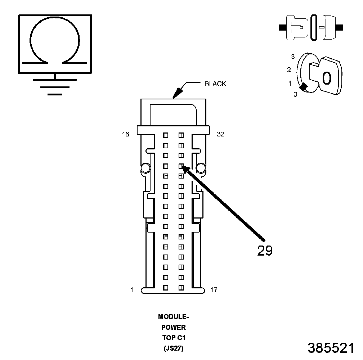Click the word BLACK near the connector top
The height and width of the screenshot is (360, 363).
click(215, 84)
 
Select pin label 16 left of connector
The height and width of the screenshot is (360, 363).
click(125, 134)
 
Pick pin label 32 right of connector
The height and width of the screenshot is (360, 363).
click(220, 134)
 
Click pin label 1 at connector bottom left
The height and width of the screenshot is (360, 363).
click(132, 289)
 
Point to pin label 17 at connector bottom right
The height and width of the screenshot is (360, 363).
click(214, 289)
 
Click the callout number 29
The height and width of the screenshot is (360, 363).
click(265, 251)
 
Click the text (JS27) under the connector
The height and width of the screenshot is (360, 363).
click(174, 348)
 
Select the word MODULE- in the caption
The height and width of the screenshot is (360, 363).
click(174, 317)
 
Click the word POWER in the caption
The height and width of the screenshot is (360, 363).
click(174, 327)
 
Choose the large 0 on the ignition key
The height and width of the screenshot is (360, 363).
click(326, 78)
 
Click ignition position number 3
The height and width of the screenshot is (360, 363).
click(293, 57)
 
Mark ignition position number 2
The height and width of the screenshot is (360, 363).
click(289, 69)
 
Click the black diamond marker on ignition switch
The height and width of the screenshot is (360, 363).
click(304, 86)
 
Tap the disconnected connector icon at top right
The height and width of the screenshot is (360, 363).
click(311, 27)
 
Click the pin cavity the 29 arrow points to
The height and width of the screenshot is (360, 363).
click(181, 166)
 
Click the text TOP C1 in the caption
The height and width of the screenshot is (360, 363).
click(174, 338)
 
